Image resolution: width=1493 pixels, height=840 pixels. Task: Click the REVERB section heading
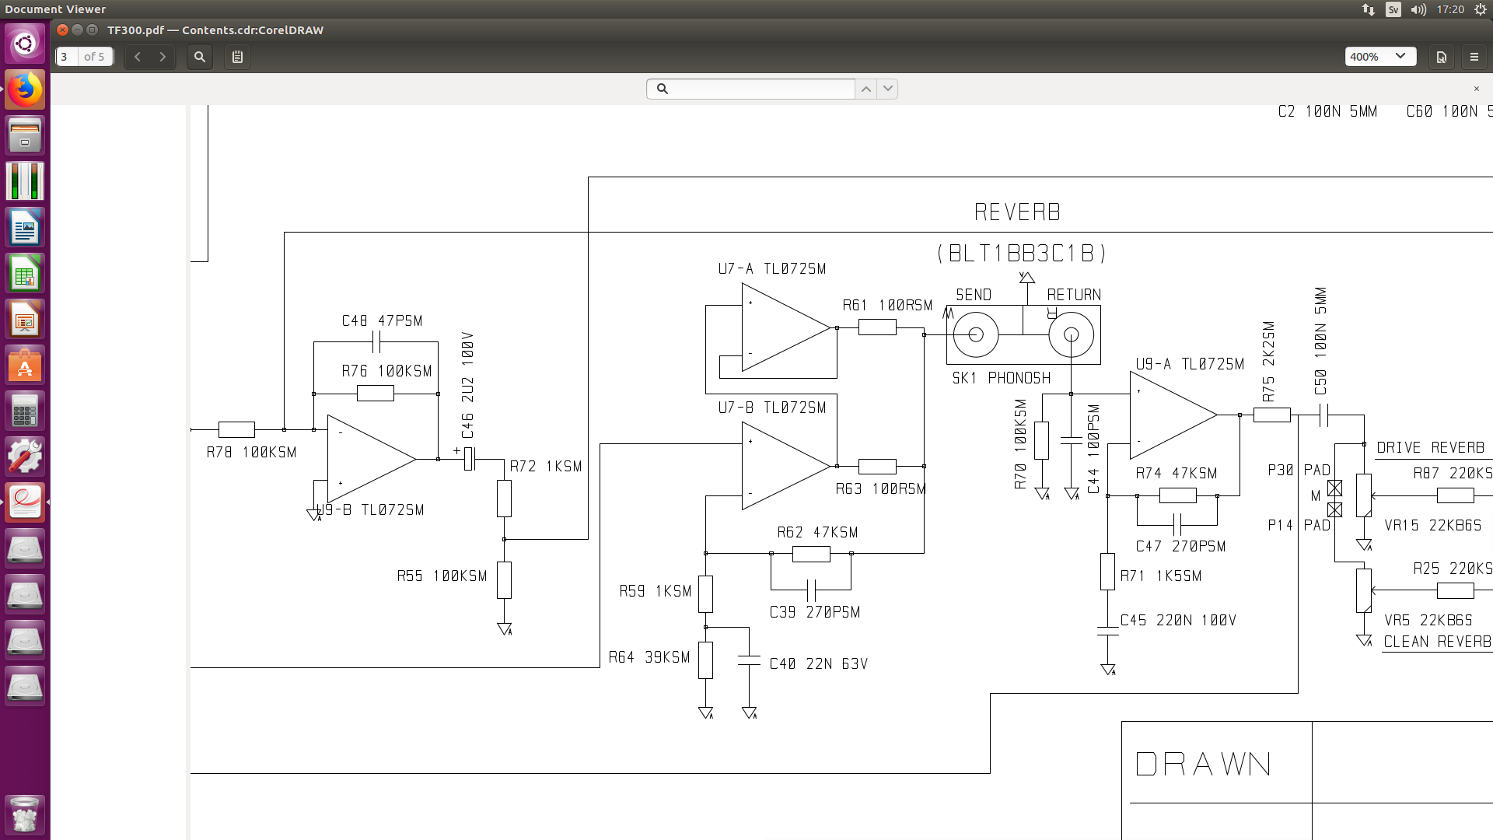(1017, 212)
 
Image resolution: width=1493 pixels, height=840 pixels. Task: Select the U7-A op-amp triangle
(785, 327)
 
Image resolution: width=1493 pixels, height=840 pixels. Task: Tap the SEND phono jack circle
(976, 334)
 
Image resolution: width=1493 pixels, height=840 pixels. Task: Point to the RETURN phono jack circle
(1071, 334)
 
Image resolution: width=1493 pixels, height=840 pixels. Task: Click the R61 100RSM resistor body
(877, 328)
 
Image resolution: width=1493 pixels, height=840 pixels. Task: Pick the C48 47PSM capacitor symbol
(376, 341)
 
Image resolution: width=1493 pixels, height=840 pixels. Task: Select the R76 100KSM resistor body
(376, 394)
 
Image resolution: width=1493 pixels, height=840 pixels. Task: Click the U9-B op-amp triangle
(372, 459)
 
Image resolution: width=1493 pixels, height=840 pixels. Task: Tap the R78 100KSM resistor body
(236, 429)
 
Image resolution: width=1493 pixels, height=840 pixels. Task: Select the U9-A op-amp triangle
(1173, 415)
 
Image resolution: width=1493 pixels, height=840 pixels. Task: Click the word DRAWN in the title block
(1203, 765)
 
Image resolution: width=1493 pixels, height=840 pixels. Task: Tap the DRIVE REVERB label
(1431, 448)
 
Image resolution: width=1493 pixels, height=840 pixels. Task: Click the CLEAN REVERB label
(1437, 642)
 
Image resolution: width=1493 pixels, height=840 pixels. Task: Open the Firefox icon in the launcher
(25, 89)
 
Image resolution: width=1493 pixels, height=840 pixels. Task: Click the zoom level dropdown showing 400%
(1380, 57)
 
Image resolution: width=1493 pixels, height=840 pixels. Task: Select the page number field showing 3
(67, 57)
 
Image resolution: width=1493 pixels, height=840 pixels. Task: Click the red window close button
(63, 30)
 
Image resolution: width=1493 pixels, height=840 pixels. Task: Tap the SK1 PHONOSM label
(1002, 379)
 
